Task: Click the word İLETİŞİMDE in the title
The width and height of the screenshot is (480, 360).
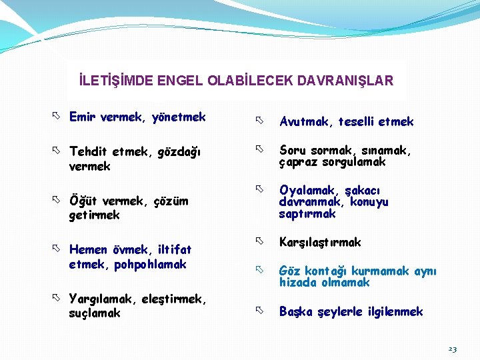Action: click(x=115, y=81)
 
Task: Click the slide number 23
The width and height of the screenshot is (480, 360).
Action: click(x=452, y=349)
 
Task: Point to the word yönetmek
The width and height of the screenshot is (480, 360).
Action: click(x=179, y=118)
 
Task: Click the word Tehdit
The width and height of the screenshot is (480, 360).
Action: click(x=89, y=152)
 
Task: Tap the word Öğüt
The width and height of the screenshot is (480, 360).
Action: click(x=83, y=201)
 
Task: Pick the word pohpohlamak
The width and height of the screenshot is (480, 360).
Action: click(x=151, y=264)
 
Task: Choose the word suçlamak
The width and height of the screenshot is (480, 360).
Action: click(x=95, y=313)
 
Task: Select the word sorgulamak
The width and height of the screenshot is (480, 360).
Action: click(x=353, y=163)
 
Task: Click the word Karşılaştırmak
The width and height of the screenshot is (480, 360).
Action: click(x=320, y=242)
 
